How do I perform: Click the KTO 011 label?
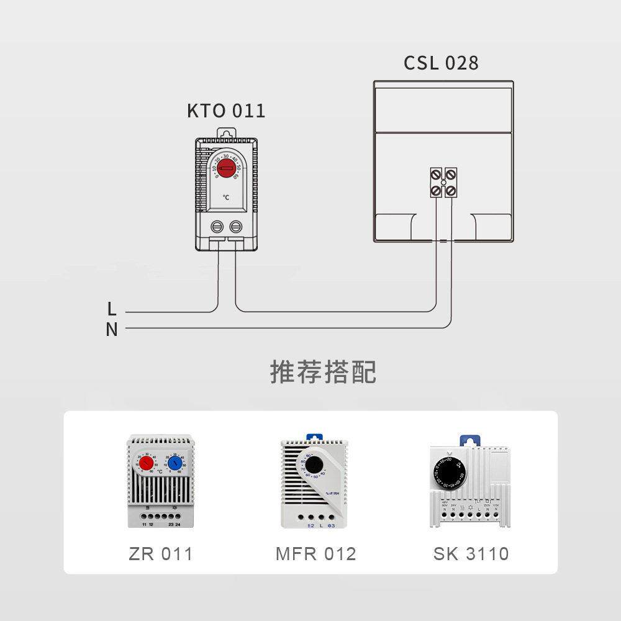click(x=226, y=111)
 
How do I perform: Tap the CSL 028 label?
click(x=441, y=63)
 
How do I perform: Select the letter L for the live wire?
click(x=112, y=309)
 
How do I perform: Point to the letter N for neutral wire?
click(x=112, y=330)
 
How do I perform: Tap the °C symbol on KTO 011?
click(x=226, y=197)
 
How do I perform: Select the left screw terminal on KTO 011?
click(x=217, y=226)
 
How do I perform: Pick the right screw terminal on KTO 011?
click(x=236, y=226)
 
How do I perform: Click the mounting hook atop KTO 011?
click(x=227, y=133)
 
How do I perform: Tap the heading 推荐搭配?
click(x=323, y=372)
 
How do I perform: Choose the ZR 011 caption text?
click(x=161, y=554)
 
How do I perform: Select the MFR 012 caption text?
click(x=315, y=554)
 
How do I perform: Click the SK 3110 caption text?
click(x=471, y=554)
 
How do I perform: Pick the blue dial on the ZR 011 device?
click(x=175, y=463)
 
